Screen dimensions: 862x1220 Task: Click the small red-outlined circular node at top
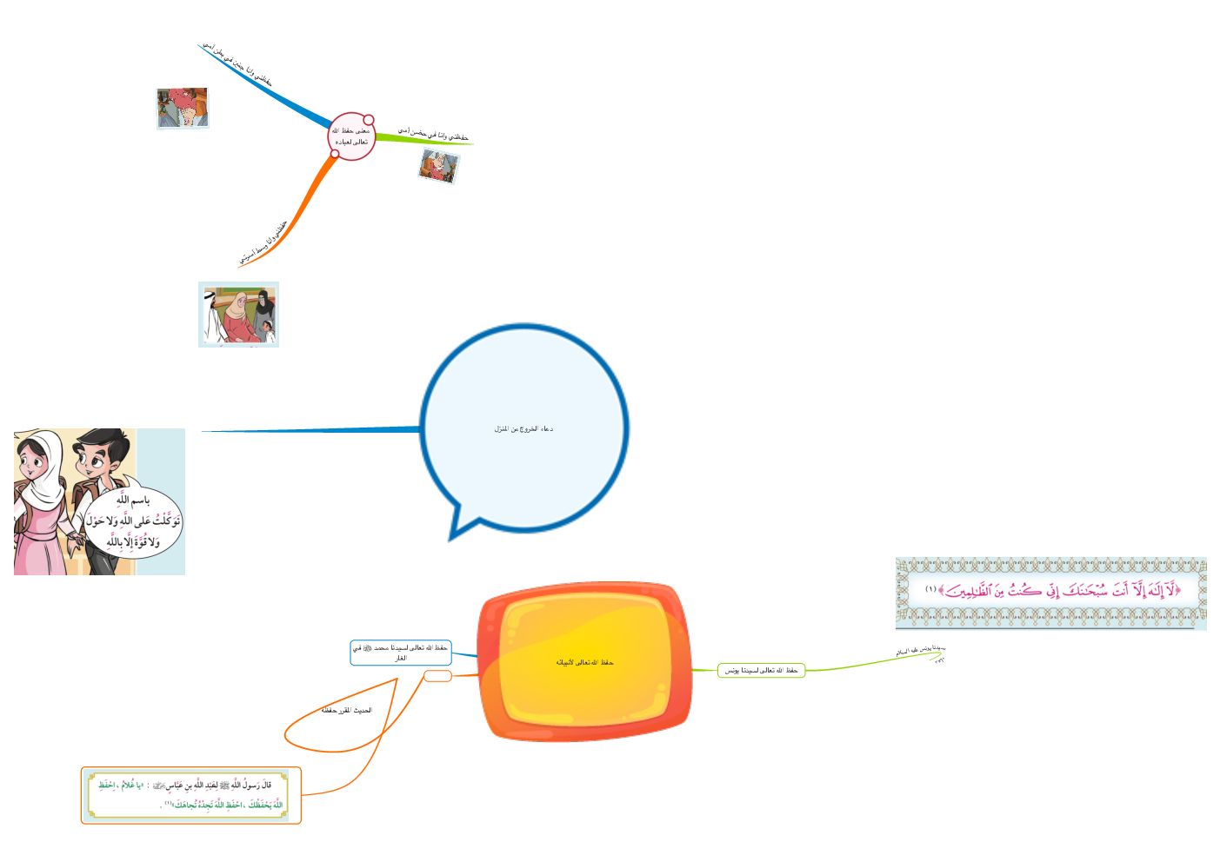(x=351, y=136)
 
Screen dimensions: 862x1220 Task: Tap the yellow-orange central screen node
(x=584, y=662)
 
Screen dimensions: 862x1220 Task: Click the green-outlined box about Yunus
(x=761, y=670)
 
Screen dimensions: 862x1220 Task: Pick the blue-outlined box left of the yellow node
(x=400, y=653)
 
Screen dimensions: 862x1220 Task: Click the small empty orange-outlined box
(x=437, y=676)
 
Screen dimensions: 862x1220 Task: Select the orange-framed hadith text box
(x=191, y=795)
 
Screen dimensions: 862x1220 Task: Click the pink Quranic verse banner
(x=1050, y=592)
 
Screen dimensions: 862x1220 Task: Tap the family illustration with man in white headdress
(x=238, y=314)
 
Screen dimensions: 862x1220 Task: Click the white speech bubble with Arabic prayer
(x=132, y=521)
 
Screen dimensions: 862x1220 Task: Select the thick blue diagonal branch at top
(x=270, y=87)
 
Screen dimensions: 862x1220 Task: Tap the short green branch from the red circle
(x=426, y=139)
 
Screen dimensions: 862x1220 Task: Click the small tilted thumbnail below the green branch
(x=438, y=165)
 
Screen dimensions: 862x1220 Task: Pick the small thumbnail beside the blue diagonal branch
(x=183, y=108)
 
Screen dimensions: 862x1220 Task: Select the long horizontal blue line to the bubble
(x=313, y=429)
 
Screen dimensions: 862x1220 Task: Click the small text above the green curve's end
(x=920, y=650)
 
